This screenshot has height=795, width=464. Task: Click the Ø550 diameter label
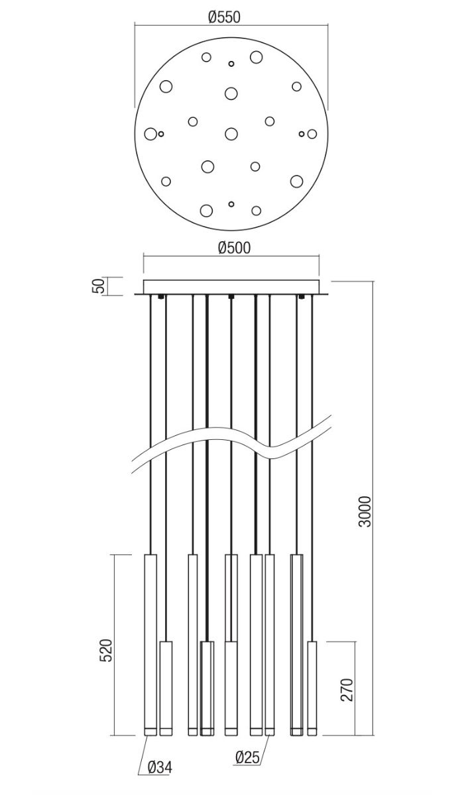tap(224, 17)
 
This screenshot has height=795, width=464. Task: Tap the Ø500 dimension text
tap(234, 248)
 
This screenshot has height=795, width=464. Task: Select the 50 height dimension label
tap(99, 286)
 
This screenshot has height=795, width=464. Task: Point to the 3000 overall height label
tap(365, 511)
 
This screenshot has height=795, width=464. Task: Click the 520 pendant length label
tap(107, 650)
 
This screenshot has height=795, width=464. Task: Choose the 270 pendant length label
tap(347, 690)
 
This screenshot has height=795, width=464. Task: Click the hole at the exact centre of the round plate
tap(231, 134)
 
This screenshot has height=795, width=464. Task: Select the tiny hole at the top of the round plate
tap(231, 64)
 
